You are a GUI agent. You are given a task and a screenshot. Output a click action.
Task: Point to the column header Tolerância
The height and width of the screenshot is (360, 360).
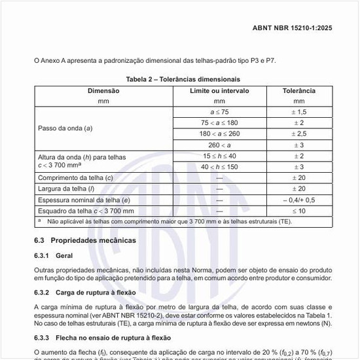pos(299,90)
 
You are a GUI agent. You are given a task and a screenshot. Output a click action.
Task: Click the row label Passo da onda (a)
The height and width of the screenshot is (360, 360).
pos(65,128)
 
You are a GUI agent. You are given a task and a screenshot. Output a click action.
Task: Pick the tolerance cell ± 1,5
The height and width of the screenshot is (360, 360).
pos(299,112)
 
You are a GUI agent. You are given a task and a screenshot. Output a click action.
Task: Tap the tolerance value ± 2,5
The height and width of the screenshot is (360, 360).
pos(299,133)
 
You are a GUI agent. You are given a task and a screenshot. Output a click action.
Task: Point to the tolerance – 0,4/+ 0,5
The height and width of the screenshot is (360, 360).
pos(299,200)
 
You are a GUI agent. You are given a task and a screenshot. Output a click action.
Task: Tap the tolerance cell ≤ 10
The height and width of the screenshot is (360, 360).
pos(299,211)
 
